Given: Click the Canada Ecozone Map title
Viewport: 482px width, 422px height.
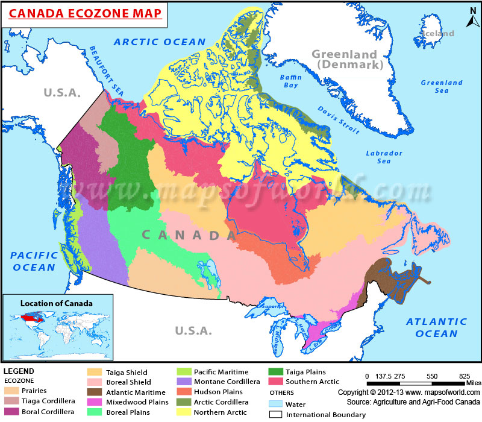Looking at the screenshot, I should click(x=84, y=13).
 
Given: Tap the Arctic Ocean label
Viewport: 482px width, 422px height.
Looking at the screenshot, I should click(x=160, y=42).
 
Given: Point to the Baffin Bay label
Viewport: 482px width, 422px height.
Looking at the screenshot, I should click(x=289, y=81).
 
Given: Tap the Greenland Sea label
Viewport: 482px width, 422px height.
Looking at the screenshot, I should click(x=442, y=86).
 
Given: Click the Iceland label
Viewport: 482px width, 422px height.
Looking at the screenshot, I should click(x=437, y=34).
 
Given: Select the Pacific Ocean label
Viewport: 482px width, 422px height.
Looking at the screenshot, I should click(x=34, y=261).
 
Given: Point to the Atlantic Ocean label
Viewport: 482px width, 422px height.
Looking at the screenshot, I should click(x=431, y=327).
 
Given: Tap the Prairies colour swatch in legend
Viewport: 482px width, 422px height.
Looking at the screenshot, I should click(x=13, y=391).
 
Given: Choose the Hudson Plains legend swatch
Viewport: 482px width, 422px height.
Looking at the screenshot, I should click(x=184, y=392).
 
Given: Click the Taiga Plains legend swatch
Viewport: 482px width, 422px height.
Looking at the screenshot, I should click(x=276, y=372).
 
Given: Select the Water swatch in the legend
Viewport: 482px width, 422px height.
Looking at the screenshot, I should click(x=276, y=403).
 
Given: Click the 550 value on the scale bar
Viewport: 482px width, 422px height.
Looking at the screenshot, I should click(x=431, y=376).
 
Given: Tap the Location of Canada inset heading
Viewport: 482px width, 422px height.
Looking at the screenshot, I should click(x=57, y=303).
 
